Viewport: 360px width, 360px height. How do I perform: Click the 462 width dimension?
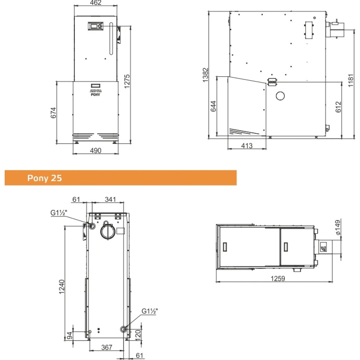96,3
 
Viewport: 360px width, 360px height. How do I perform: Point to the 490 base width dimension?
95,150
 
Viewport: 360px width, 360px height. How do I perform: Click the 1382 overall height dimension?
206,75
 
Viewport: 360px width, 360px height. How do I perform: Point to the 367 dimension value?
107,347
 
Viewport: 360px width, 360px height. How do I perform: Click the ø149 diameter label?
338,228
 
